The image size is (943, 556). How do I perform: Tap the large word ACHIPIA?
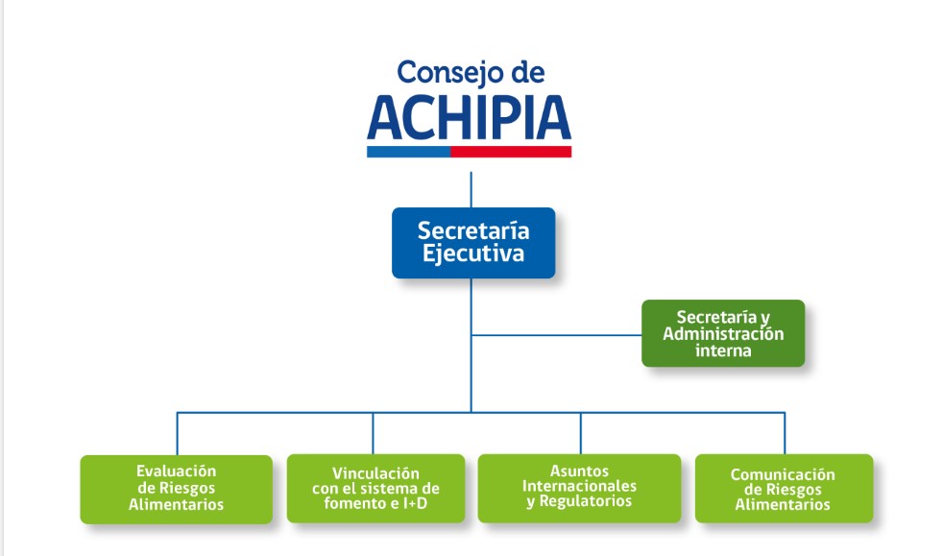(x=469, y=118)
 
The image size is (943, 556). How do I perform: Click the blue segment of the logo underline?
(x=409, y=152)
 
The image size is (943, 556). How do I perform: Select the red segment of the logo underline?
(x=511, y=152)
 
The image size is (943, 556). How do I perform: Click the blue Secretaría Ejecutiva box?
(x=473, y=243)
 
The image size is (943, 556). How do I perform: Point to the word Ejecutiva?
(x=473, y=254)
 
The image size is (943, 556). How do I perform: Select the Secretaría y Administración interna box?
(x=723, y=333)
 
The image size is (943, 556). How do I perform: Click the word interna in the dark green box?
(x=723, y=351)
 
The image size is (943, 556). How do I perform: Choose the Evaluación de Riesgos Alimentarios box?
(x=176, y=489)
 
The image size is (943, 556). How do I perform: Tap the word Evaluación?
(x=176, y=471)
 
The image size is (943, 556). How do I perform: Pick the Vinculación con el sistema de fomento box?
(x=375, y=488)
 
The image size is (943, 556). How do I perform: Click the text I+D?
(x=416, y=503)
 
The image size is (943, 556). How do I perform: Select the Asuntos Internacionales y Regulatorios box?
(x=579, y=488)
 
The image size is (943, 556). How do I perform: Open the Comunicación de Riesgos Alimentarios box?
(x=784, y=488)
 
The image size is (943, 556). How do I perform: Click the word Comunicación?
(x=783, y=474)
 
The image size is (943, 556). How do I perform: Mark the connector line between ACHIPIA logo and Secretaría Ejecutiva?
(x=471, y=190)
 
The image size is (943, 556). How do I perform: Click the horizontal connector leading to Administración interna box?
(x=557, y=335)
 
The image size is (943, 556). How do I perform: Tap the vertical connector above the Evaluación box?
(x=178, y=433)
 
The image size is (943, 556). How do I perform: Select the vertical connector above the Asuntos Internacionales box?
(x=580, y=433)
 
